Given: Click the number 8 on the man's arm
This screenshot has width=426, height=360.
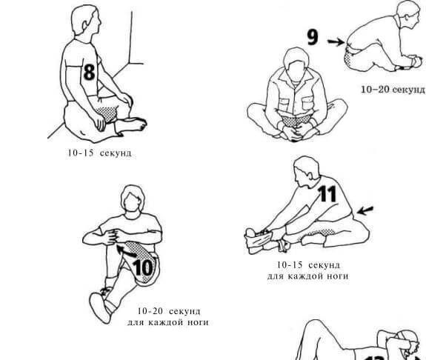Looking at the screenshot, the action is (x=89, y=72).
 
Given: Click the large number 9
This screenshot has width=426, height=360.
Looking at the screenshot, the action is (x=312, y=37).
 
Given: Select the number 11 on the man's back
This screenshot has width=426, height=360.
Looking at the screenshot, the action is (x=327, y=194).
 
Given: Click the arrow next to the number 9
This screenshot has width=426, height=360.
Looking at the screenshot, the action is (x=336, y=41).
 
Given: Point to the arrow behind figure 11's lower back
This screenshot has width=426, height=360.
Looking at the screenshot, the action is (x=365, y=210).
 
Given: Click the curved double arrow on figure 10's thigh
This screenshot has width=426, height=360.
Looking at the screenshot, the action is (x=127, y=251).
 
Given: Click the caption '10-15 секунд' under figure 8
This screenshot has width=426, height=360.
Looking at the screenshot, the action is (x=99, y=153).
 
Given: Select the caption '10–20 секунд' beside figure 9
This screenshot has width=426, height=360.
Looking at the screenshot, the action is (x=393, y=89).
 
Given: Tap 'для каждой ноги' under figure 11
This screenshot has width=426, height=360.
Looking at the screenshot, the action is (x=307, y=276).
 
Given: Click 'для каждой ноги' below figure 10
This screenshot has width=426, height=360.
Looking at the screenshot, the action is (x=168, y=322).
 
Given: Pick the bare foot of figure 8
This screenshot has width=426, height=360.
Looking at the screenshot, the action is (x=131, y=125).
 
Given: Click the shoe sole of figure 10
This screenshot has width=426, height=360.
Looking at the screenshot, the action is (x=100, y=307).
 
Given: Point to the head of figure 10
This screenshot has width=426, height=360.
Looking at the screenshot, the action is (x=133, y=199).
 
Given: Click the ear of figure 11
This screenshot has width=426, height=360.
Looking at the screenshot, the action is (x=310, y=173).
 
